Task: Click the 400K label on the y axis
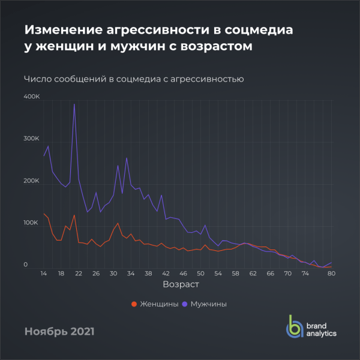point(32,97)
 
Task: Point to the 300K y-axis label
point(32,139)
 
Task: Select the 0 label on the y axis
point(26,265)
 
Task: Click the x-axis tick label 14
point(44,274)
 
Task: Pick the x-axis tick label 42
point(166,274)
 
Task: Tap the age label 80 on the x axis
point(331,274)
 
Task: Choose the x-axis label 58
point(235,274)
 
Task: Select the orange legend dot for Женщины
point(134,304)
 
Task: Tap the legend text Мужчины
point(208,304)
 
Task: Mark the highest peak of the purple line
point(74,104)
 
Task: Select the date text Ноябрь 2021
point(59,331)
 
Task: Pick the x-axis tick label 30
point(113,274)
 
